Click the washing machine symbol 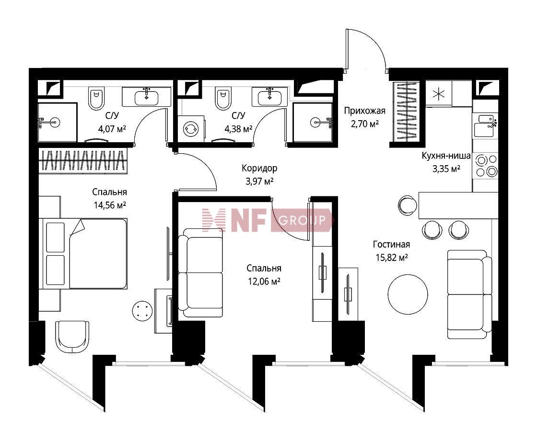coord(191,128)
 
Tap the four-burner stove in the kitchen coord(486,166)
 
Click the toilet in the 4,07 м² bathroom coord(96,98)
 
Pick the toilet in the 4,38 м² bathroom coord(223,98)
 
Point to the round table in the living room coord(408,294)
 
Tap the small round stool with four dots coord(142,311)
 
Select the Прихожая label coord(364,111)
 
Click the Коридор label coord(259,168)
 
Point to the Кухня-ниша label coord(446,156)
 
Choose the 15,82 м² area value coord(391,258)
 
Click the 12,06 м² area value coord(264,282)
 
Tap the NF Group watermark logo coord(268,220)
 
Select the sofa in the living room coord(469,294)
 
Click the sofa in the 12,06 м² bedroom coord(201,272)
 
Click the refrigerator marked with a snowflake coord(439,94)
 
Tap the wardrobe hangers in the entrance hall coord(406,112)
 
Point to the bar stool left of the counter coord(408,205)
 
